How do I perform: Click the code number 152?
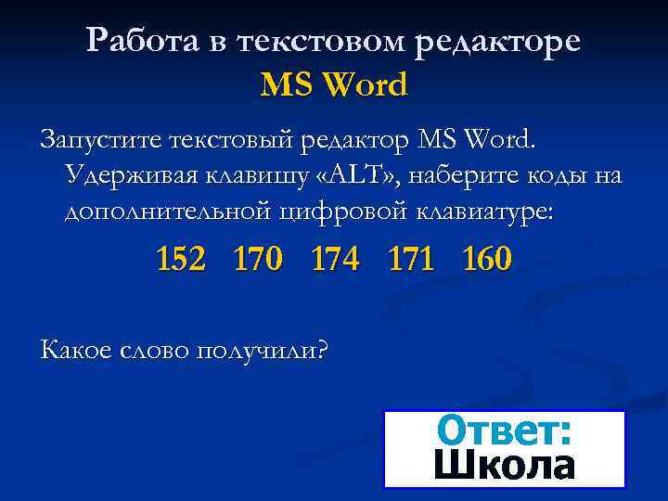click(182, 259)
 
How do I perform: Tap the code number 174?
click(335, 259)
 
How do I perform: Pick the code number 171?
click(411, 259)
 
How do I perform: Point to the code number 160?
click(487, 259)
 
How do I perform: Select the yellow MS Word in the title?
click(334, 85)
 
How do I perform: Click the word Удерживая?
click(123, 176)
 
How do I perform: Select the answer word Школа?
click(504, 465)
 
